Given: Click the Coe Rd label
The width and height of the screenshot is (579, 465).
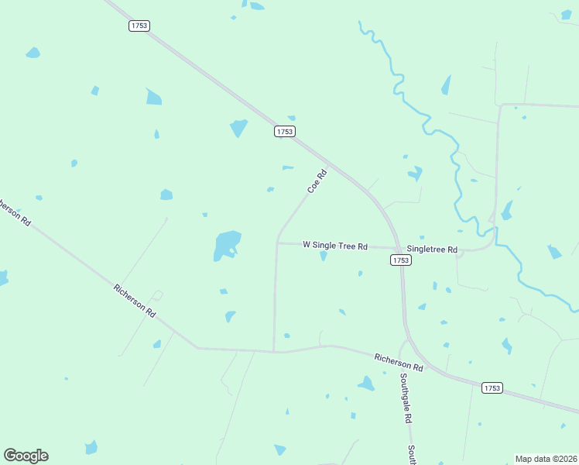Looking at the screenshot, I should pyautogui.click(x=317, y=182).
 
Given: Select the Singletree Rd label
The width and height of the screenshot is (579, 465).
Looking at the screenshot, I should pyautogui.click(x=433, y=250).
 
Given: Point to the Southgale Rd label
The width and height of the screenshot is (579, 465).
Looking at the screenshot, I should pyautogui.click(x=405, y=398).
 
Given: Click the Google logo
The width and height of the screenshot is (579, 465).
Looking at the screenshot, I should pyautogui.click(x=26, y=456).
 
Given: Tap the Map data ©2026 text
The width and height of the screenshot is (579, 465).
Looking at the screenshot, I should pyautogui.click(x=546, y=458).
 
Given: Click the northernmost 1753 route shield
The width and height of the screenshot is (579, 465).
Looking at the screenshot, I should pyautogui.click(x=139, y=26).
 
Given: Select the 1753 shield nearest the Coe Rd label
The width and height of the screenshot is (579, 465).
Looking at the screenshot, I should pyautogui.click(x=284, y=132).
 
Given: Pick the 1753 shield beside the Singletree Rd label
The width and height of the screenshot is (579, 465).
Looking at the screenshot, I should pyautogui.click(x=400, y=260).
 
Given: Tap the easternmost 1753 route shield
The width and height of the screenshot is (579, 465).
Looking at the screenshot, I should pyautogui.click(x=492, y=387).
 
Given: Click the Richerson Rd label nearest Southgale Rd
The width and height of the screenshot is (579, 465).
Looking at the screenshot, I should pyautogui.click(x=399, y=362).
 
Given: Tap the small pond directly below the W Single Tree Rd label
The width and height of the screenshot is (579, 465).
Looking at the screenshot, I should pyautogui.click(x=323, y=256).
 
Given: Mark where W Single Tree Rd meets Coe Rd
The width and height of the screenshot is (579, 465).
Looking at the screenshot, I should pyautogui.click(x=277, y=243).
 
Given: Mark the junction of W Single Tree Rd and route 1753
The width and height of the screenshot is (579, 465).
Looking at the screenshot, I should pyautogui.click(x=397, y=248).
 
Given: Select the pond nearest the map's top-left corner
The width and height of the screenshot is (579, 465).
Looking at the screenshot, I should pyautogui.click(x=33, y=53).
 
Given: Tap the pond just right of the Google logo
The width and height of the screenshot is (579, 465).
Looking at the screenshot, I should pyautogui.click(x=91, y=447).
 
